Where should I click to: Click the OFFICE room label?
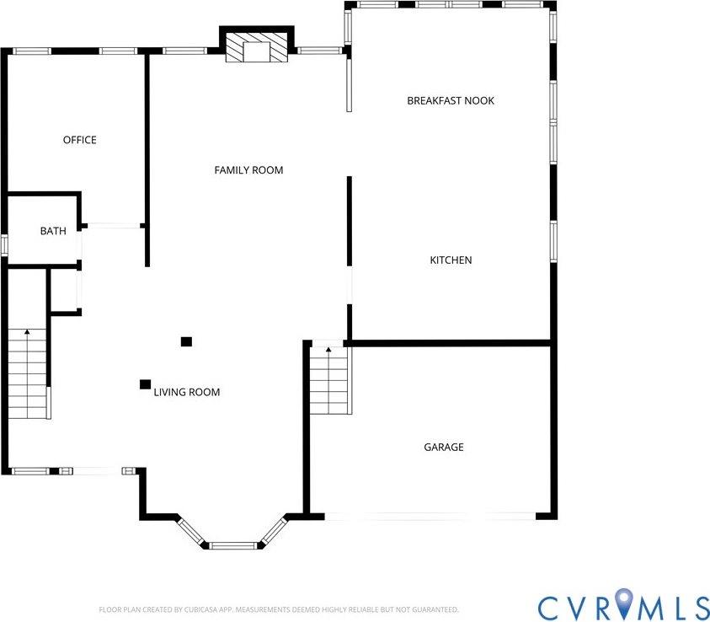(80, 140)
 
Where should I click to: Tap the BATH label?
(53, 231)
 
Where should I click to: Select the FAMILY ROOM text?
(248, 170)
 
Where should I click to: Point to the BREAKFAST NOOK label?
(451, 100)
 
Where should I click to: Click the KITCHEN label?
(451, 260)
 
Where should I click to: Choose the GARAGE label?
(443, 448)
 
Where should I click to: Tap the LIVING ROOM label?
(187, 392)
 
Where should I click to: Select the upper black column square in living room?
(186, 341)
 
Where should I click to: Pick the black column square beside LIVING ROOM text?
(145, 384)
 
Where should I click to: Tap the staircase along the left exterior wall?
(28, 379)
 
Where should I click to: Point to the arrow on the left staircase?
(27, 334)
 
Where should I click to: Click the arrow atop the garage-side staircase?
(328, 348)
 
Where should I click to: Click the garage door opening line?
(430, 516)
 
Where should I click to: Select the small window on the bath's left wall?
(3, 245)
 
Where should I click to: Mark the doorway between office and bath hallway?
(113, 225)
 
